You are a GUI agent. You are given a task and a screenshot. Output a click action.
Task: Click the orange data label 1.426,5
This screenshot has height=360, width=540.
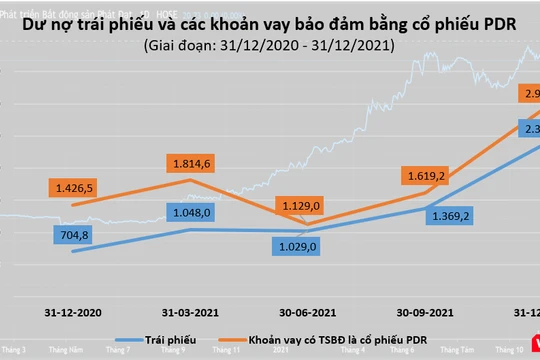[x=76, y=187]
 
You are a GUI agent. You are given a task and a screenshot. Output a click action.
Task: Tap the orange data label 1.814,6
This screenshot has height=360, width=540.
[x=194, y=164]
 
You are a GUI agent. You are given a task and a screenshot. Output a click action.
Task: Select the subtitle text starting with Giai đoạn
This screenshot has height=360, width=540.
[x=269, y=46]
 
